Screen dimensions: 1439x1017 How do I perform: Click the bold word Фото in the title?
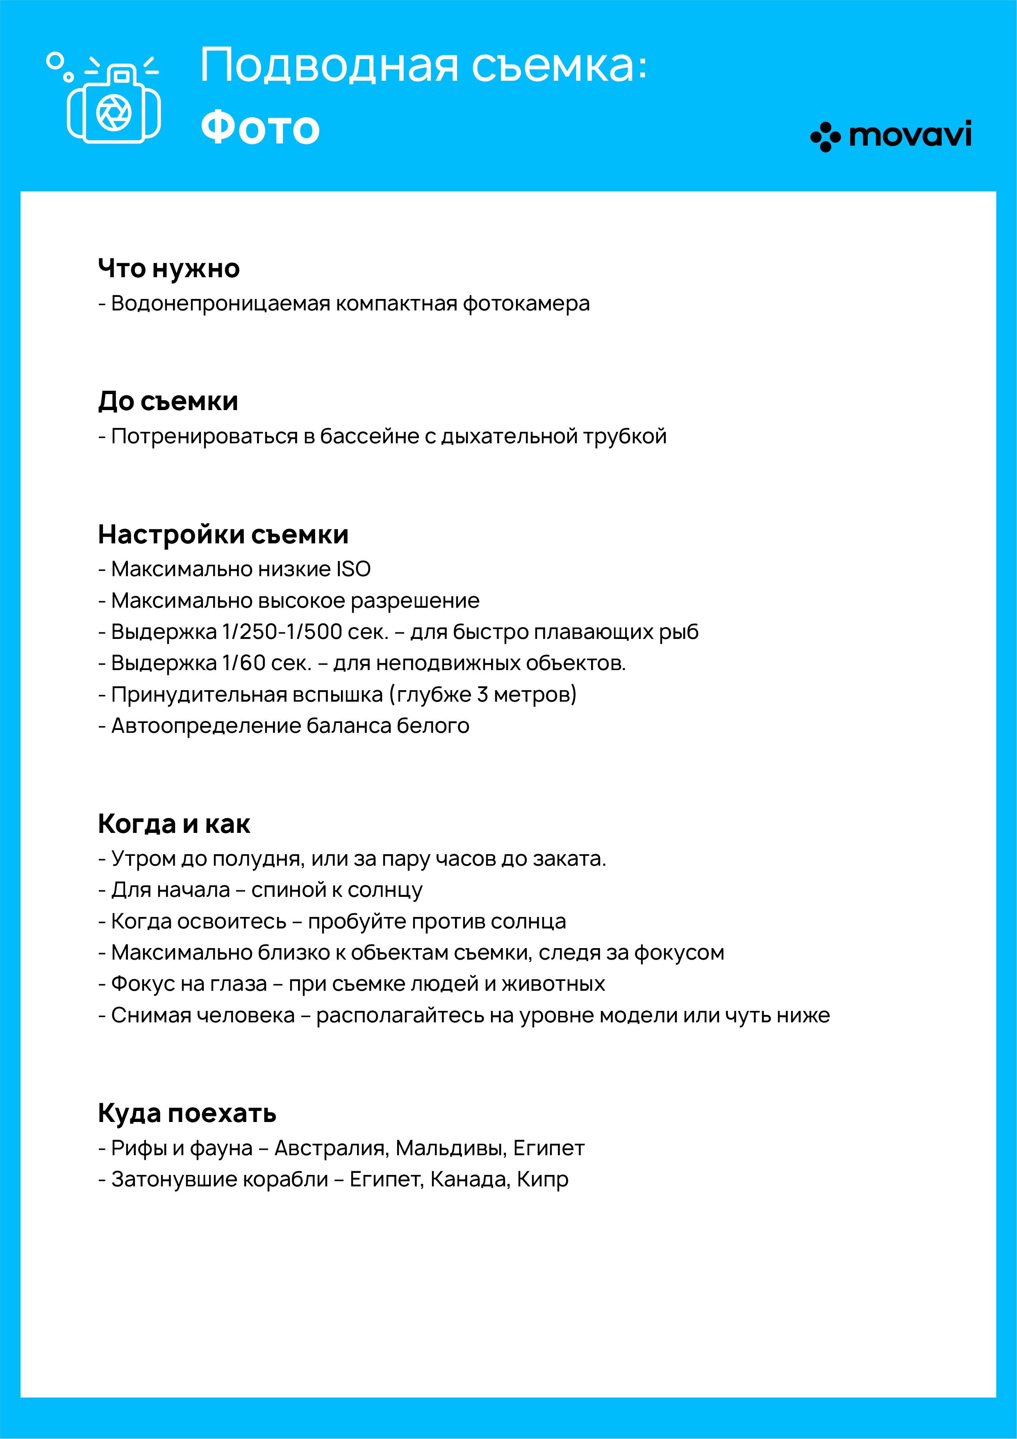(x=260, y=127)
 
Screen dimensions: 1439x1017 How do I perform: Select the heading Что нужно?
(x=168, y=268)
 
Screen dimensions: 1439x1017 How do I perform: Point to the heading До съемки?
(x=168, y=401)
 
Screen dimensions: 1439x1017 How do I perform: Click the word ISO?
(x=353, y=569)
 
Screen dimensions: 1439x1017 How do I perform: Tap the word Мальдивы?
(x=451, y=1148)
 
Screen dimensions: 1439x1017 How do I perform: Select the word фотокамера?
(x=526, y=304)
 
